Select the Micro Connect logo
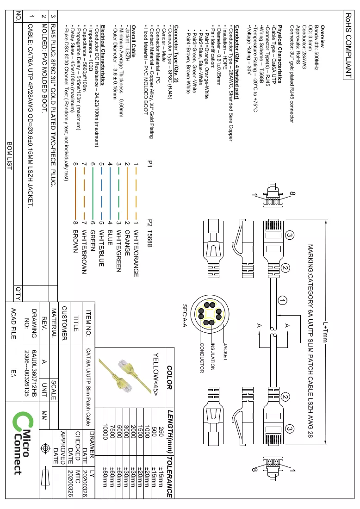pos(23,443)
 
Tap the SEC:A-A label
pos(185,316)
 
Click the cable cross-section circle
pos(210,314)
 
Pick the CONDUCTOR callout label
pos(202,358)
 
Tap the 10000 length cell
pos(105,432)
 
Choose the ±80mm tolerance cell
pos(105,477)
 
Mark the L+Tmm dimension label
pos(325,332)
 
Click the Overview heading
pos(323,37)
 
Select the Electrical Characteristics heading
pos(103,55)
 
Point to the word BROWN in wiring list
pos(75,242)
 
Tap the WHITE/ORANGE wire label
pos(137,253)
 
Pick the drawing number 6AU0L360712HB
pos(34,373)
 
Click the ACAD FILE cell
pos(13,323)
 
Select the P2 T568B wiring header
pos(149,233)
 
